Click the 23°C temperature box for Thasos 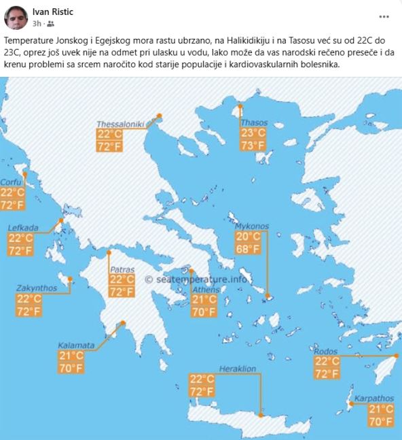click(x=253, y=133)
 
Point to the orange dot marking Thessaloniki click(x=160, y=116)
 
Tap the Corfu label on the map click(x=11, y=182)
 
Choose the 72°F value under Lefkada click(x=20, y=250)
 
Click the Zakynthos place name click(x=37, y=288)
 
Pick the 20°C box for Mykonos click(x=247, y=237)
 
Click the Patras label click(x=122, y=269)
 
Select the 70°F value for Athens click(x=204, y=311)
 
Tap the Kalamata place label click(x=76, y=345)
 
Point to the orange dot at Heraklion click(x=259, y=414)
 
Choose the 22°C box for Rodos click(x=327, y=361)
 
